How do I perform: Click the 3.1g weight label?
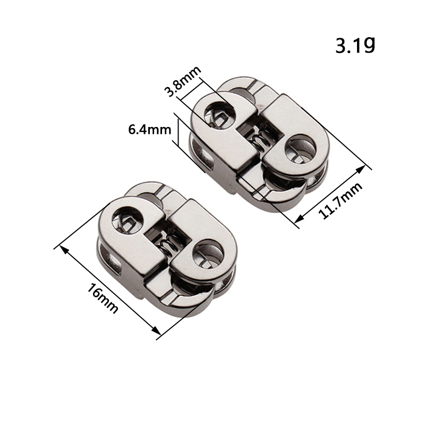(355, 46)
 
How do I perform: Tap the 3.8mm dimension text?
(183, 81)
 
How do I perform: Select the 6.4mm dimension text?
(150, 130)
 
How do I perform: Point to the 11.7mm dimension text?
(341, 200)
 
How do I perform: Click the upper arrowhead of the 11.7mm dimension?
(361, 169)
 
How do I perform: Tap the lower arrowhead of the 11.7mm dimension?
(299, 218)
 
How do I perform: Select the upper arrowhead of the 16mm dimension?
(63, 250)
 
